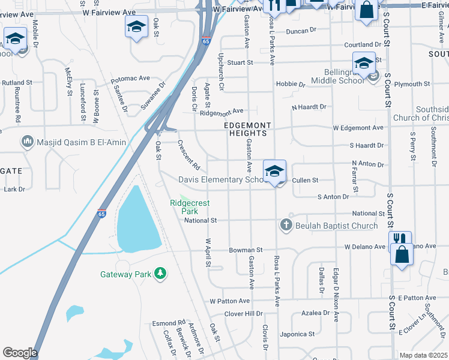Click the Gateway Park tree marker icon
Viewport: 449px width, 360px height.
pyautogui.click(x=160, y=274)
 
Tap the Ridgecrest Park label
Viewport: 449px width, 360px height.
pyautogui.click(x=190, y=207)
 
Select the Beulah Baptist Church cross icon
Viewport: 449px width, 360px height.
pyautogui.click(x=286, y=225)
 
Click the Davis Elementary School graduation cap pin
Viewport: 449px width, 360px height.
pyautogui.click(x=274, y=170)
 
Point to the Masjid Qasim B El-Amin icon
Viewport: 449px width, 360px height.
pyautogui.click(x=27, y=142)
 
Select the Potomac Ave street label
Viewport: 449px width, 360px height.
pyautogui.click(x=130, y=79)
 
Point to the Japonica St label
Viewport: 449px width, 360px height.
pyautogui.click(x=298, y=334)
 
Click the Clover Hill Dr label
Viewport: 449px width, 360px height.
pyautogui.click(x=244, y=314)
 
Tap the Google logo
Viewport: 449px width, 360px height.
pyautogui.click(x=20, y=353)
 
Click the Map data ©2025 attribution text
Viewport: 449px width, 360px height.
pyautogui.click(x=423, y=355)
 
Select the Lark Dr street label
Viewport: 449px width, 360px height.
pyautogui.click(x=14, y=189)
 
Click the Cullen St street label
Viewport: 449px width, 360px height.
pyautogui.click(x=305, y=180)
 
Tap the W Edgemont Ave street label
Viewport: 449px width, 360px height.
pyautogui.click(x=358, y=128)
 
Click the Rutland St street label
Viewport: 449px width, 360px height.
pyautogui.click(x=17, y=82)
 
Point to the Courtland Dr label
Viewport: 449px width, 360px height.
pyautogui.click(x=363, y=44)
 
